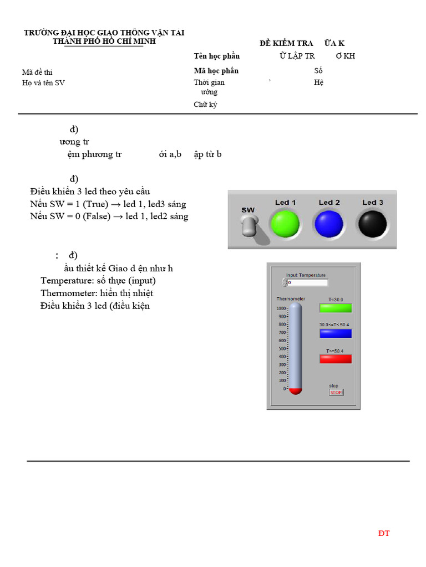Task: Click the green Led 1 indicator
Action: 285,224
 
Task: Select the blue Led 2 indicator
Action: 329,224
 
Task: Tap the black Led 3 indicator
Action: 373,224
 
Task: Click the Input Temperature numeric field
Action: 307,282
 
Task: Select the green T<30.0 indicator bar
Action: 336,308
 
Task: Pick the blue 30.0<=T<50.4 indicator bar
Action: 336,333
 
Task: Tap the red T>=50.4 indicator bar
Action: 336,359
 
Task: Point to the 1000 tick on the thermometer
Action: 282,308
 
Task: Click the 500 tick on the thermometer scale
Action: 282,348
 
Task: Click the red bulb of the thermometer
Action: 295,390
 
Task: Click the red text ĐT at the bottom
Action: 384,533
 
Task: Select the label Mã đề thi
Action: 37,72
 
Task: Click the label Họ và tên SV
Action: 43,83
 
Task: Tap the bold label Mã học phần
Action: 216,71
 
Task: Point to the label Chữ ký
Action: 205,105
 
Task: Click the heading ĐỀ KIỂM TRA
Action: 286,43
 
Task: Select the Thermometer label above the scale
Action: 291,299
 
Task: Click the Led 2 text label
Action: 329,203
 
